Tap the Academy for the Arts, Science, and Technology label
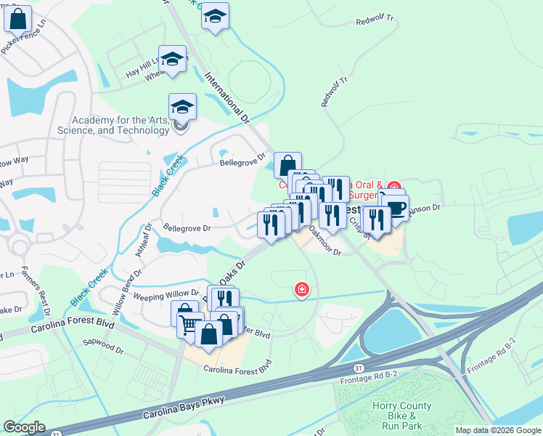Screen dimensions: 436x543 coord(121,125)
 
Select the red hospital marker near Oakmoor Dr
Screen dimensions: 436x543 coord(301,290)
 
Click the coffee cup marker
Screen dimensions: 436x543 coord(396,207)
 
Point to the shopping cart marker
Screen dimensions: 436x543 coord(190,324)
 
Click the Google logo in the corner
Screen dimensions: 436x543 coord(24,427)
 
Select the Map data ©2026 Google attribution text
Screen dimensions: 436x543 coord(497,430)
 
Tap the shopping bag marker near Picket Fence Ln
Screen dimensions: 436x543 coord(18,18)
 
